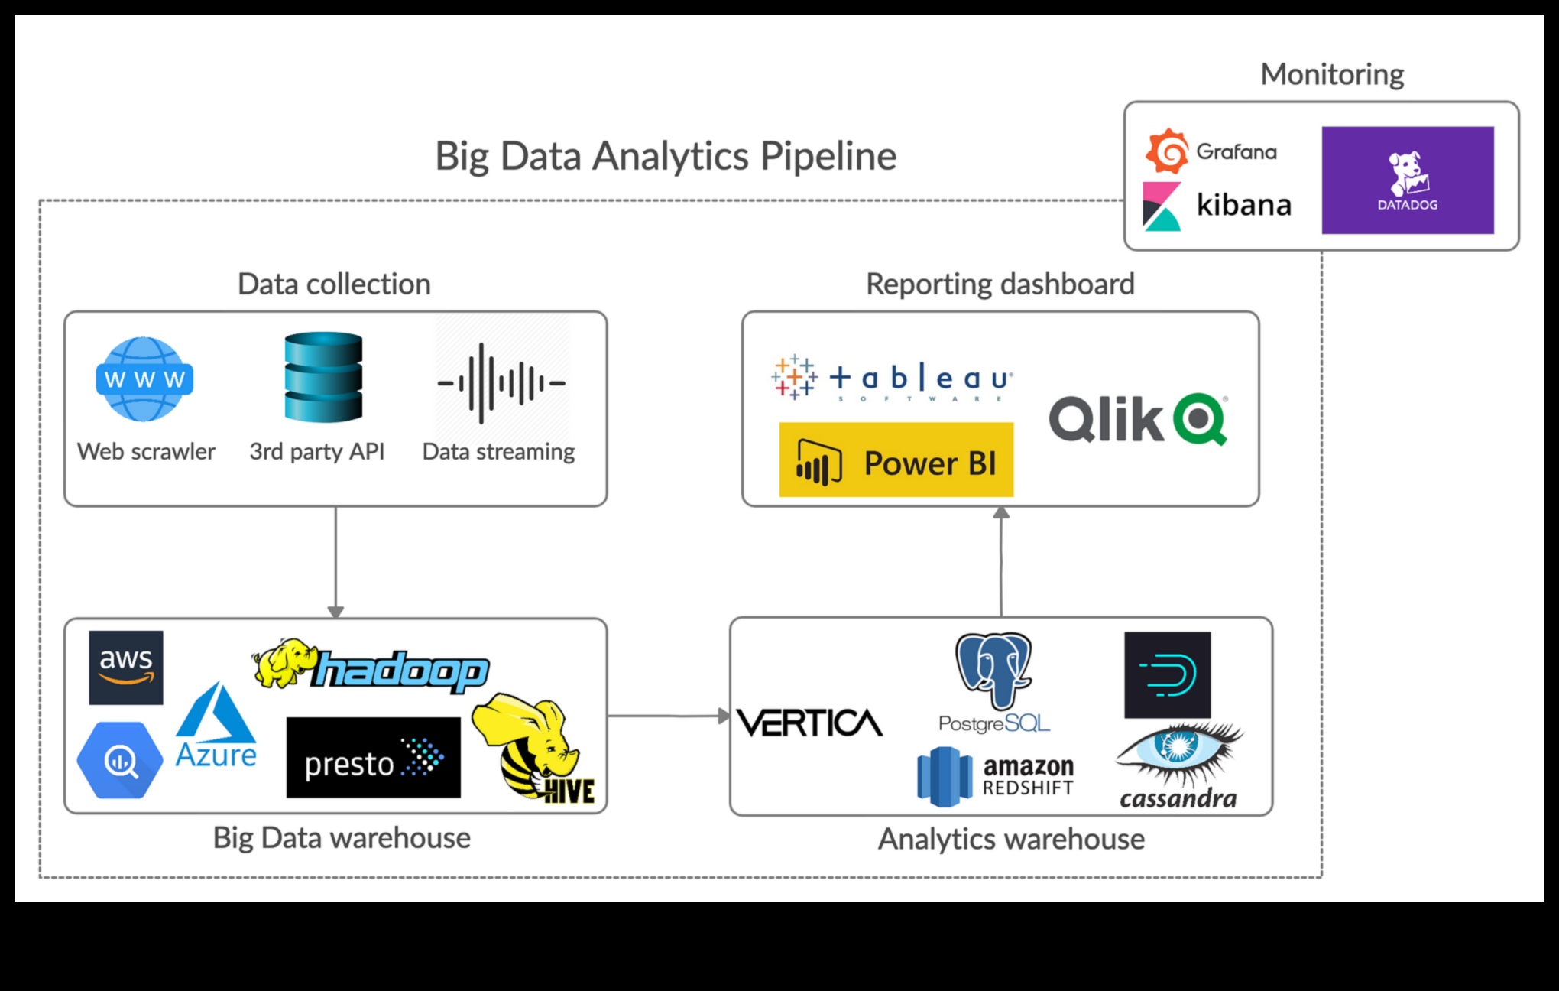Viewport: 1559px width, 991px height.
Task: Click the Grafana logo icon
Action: point(1166,151)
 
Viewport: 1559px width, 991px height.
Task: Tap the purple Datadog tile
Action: point(1407,180)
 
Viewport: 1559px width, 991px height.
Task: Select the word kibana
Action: point(1243,205)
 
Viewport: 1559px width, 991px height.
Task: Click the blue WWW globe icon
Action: point(144,379)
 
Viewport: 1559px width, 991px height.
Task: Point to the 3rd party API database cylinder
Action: point(323,377)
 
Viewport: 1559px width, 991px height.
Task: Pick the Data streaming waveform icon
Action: point(501,382)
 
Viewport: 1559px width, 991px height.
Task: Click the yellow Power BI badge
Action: point(896,460)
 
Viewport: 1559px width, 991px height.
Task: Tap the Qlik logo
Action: point(1138,419)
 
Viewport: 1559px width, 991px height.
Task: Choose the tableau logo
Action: point(893,378)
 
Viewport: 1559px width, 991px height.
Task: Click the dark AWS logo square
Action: point(126,668)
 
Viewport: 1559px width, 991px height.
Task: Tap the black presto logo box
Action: point(373,758)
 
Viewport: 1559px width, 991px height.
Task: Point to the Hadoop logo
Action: point(371,666)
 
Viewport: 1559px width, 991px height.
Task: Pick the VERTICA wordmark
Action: point(809,723)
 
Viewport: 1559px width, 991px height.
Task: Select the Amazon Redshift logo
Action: point(995,777)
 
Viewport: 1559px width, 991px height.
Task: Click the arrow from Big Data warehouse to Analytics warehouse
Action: point(668,716)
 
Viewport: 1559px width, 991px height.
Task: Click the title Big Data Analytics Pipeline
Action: point(665,156)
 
